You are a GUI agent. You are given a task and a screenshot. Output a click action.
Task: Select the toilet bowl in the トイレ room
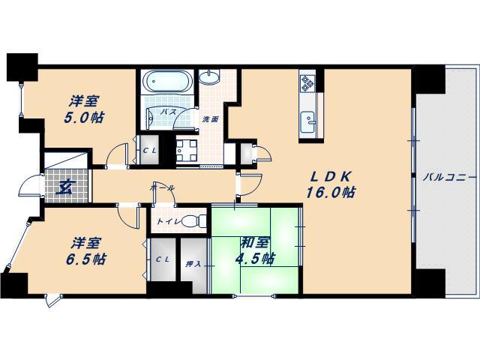(x=194, y=221)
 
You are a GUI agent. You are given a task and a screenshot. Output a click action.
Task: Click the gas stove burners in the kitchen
(x=307, y=83)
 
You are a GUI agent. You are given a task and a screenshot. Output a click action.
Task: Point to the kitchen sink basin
(x=307, y=121)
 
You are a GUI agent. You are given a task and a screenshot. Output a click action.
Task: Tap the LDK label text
(x=330, y=177)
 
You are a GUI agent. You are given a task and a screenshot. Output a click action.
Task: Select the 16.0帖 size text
(x=331, y=193)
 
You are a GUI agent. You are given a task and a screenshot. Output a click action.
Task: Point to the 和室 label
(x=255, y=243)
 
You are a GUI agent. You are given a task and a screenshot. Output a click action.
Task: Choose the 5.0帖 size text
(x=84, y=117)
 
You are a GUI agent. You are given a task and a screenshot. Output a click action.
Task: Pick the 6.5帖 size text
(x=86, y=259)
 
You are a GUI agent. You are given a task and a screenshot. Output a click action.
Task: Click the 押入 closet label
(x=193, y=264)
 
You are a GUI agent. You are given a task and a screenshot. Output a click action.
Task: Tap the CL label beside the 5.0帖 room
(x=150, y=150)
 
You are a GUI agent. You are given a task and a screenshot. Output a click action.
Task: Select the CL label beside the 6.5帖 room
(x=162, y=259)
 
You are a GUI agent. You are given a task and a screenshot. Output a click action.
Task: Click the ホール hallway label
(x=163, y=188)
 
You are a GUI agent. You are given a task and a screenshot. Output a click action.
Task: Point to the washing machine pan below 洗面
(x=187, y=150)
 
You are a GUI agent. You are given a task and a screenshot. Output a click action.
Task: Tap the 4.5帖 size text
(x=255, y=259)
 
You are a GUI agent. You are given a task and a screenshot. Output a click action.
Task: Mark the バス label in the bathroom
(x=169, y=112)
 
